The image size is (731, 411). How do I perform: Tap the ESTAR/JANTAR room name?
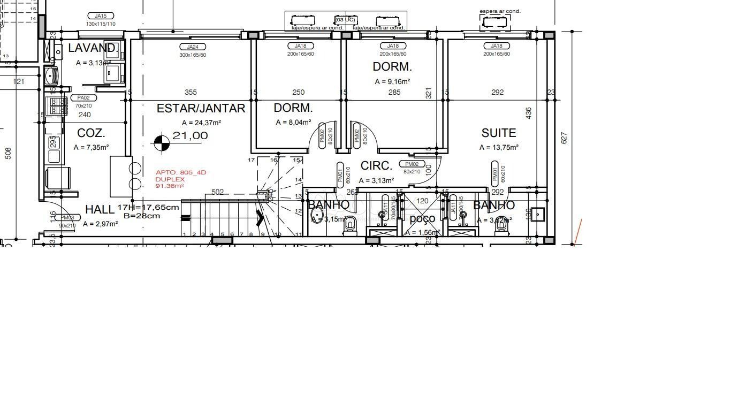pyautogui.click(x=201, y=109)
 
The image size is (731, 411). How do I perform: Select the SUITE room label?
pyautogui.click(x=498, y=133)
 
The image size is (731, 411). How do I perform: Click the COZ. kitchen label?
pyautogui.click(x=91, y=133)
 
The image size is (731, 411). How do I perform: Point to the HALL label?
pyautogui.click(x=100, y=209)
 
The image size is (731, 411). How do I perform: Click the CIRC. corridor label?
pyautogui.click(x=376, y=166)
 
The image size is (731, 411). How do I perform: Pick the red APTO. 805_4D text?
pyautogui.click(x=180, y=172)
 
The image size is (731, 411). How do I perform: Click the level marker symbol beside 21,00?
pyautogui.click(x=162, y=143)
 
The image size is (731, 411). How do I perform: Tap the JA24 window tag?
pyautogui.click(x=192, y=47)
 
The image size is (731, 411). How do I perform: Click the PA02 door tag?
pyautogui.click(x=83, y=98)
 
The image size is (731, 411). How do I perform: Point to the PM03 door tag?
pyautogui.click(x=67, y=218)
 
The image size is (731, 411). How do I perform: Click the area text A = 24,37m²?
pyautogui.click(x=201, y=123)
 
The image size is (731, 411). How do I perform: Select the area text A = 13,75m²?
pyautogui.click(x=499, y=148)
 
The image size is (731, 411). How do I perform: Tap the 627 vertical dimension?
pyautogui.click(x=564, y=138)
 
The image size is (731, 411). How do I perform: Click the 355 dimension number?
pyautogui.click(x=191, y=93)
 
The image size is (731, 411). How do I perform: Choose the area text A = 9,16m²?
pyautogui.click(x=392, y=82)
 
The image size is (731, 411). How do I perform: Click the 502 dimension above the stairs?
pyautogui.click(x=218, y=192)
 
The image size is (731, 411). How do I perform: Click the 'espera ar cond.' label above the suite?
pyautogui.click(x=500, y=11)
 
